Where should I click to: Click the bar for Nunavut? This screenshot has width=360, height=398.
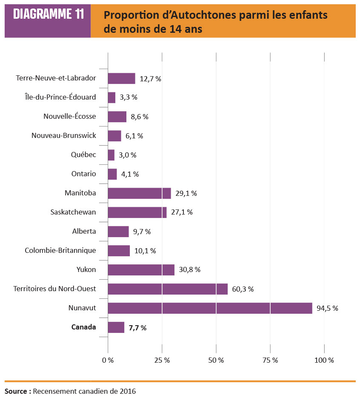click(x=210, y=308)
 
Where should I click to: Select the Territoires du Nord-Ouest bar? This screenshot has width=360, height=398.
click(x=168, y=289)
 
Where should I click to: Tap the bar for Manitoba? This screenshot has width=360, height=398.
click(x=139, y=193)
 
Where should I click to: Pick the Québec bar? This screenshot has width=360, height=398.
click(x=111, y=155)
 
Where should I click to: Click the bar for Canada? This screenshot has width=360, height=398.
click(x=116, y=327)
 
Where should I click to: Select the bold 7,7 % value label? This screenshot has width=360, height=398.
click(x=137, y=328)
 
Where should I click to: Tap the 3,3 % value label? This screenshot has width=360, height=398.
click(x=129, y=97)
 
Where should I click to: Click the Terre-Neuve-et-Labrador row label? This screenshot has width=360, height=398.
click(x=56, y=78)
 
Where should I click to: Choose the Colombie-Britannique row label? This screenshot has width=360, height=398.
click(x=60, y=250)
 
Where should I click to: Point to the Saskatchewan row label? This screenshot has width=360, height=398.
click(x=73, y=212)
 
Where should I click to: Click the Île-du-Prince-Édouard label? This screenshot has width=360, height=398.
click(x=60, y=97)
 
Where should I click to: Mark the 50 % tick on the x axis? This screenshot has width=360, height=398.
click(x=216, y=360)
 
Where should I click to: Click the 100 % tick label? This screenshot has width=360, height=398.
click(x=324, y=360)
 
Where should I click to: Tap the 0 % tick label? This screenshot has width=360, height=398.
click(x=108, y=360)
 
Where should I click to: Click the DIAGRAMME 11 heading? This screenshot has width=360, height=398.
click(x=48, y=14)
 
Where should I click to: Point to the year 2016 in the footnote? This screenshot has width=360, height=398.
click(x=127, y=391)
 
